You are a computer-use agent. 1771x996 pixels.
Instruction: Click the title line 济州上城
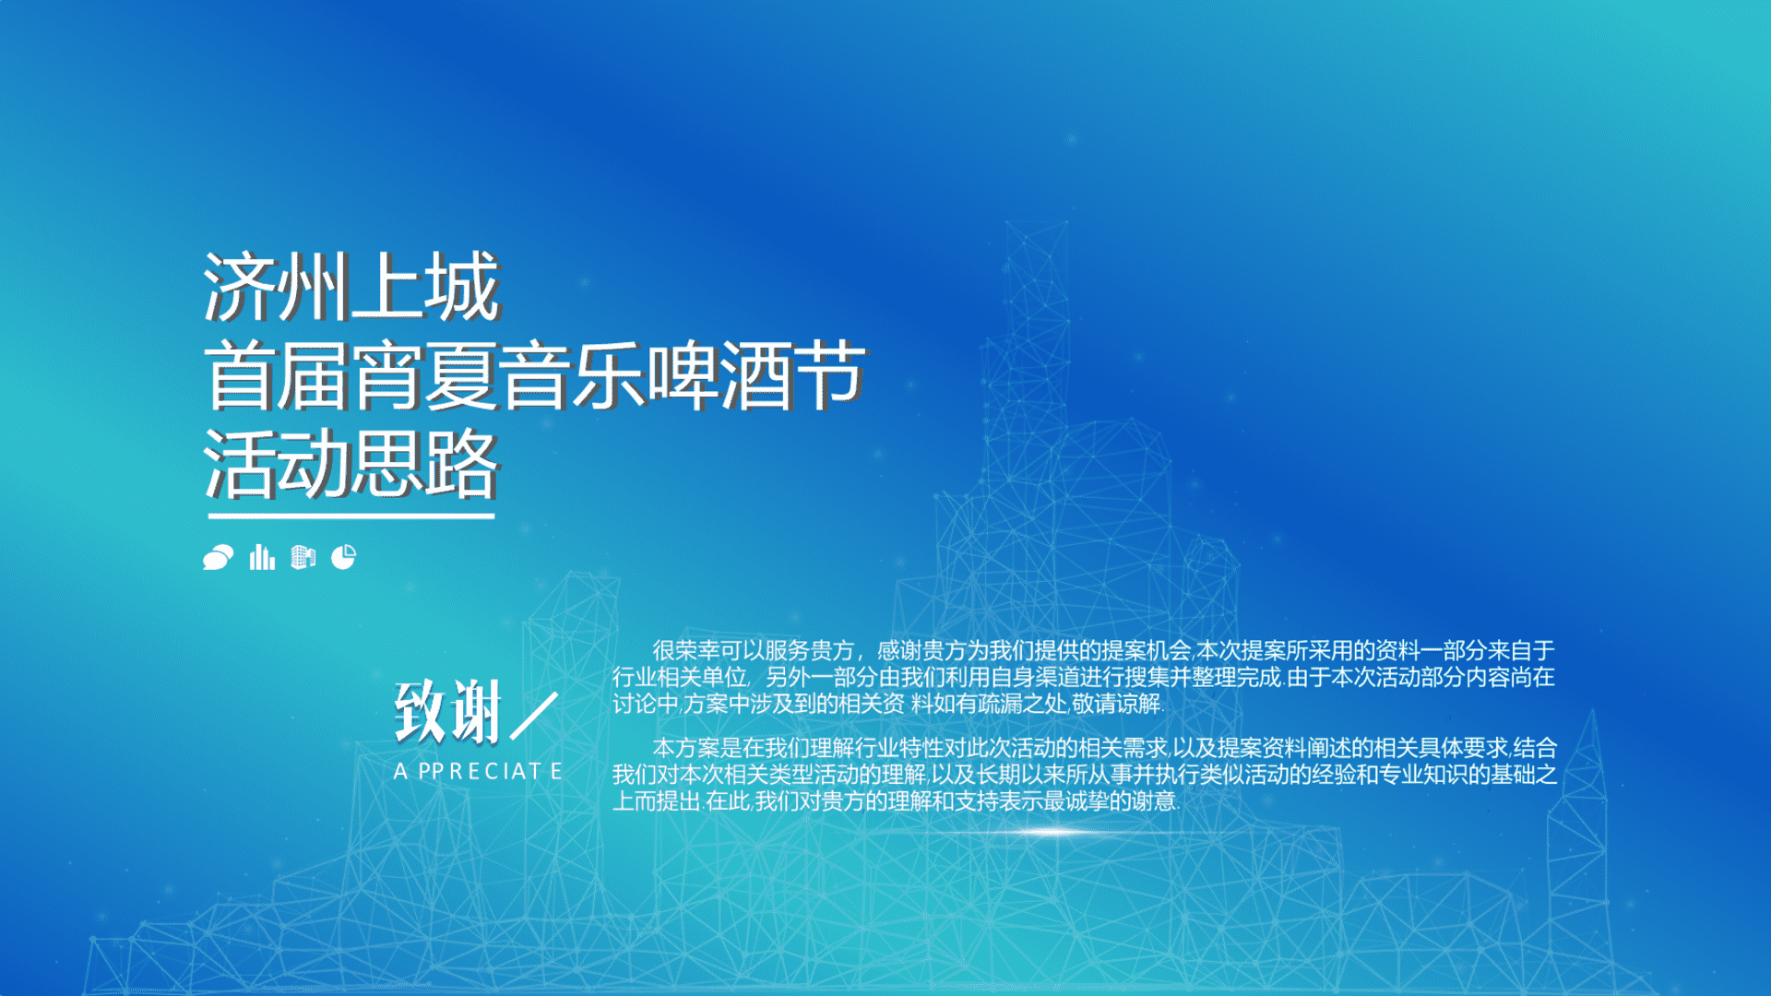pos(351,287)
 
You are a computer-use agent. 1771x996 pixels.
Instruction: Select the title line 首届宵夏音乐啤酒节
pos(535,375)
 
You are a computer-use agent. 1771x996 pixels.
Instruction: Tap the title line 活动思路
pos(351,463)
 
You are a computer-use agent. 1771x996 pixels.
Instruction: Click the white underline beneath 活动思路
pos(351,516)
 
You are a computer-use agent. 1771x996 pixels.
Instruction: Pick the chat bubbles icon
pos(219,557)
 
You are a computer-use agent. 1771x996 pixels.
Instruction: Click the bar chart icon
pos(262,557)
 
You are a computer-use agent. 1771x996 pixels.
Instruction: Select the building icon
pos(303,557)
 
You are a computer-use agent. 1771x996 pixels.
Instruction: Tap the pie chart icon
pos(343,557)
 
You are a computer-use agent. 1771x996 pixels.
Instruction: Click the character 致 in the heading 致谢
pos(421,711)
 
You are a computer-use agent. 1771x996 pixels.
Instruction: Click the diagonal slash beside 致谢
pos(534,715)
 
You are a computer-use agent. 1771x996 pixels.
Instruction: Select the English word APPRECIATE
pos(478,771)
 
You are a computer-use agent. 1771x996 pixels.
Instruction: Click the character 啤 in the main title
pos(683,375)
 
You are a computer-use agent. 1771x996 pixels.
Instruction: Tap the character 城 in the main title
pos(463,287)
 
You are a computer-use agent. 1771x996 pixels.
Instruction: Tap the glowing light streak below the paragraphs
pos(1052,832)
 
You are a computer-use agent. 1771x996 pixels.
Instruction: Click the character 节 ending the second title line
pos(830,375)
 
